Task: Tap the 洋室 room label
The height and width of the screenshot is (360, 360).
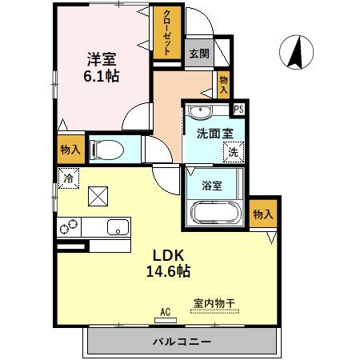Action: click(102, 58)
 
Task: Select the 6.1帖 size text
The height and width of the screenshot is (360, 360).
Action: click(102, 77)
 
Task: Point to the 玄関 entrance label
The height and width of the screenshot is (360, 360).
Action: click(199, 54)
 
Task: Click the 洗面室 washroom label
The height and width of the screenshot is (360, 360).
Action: click(214, 134)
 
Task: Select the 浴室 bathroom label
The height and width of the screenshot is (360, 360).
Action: click(211, 186)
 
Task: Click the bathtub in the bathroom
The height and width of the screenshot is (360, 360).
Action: click(214, 212)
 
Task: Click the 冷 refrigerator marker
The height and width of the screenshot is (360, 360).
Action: click(69, 179)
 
